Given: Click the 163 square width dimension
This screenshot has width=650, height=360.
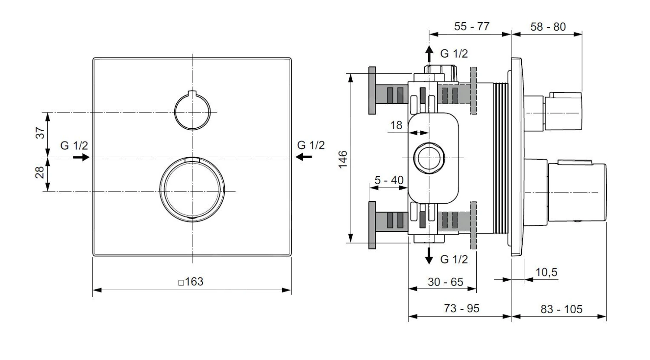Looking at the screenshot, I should click(x=191, y=282).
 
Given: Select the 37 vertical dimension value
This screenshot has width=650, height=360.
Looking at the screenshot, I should click(x=40, y=133).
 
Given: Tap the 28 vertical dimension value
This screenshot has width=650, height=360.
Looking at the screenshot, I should click(x=40, y=173).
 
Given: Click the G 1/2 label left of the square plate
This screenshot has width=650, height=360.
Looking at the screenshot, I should click(x=74, y=146).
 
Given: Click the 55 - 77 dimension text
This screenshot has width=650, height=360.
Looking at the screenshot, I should click(x=471, y=26).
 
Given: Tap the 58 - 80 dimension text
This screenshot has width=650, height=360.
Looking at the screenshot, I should click(x=548, y=27).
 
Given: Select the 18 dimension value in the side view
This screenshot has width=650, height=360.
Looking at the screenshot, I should click(x=396, y=126).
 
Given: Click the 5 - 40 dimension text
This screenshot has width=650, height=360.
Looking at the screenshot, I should click(x=389, y=180).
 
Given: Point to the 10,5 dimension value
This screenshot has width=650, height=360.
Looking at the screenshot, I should click(x=546, y=272).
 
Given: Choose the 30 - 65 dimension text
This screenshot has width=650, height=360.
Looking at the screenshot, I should click(x=445, y=282).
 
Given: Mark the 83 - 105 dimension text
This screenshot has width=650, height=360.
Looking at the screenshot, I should click(x=561, y=309).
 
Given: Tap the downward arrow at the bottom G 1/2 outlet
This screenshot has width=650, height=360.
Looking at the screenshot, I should click(x=429, y=256).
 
